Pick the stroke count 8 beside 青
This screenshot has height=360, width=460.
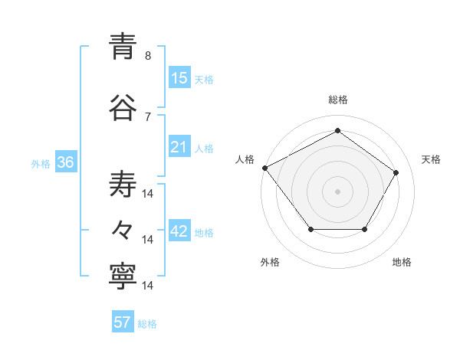coord(148,55)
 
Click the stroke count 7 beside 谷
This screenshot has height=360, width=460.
coord(148,116)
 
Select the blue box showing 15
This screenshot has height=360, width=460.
coord(179,78)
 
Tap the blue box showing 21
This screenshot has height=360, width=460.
coord(179,147)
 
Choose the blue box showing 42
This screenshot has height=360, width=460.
coord(179,232)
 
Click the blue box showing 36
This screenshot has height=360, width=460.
coord(66,163)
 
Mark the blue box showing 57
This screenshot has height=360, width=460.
coord(123,322)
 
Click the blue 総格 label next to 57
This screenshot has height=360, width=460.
coord(147,324)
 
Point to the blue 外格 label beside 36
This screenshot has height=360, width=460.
coord(41,164)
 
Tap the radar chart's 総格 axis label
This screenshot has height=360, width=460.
coord(338,100)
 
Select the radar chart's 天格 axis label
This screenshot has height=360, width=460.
coord(432,159)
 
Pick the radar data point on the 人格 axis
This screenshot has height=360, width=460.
coord(265,168)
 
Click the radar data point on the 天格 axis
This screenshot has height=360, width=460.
coord(396,172)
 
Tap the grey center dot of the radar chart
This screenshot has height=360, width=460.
coord(337,191)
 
